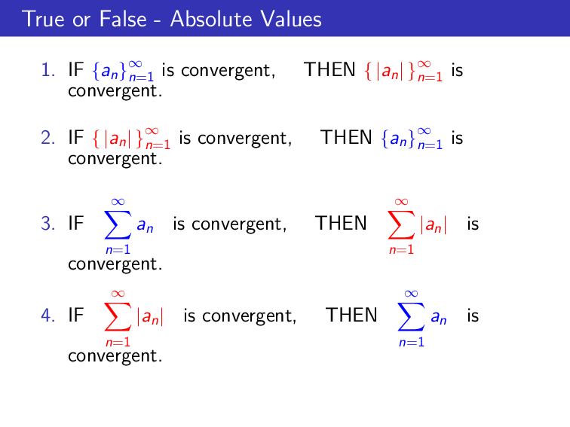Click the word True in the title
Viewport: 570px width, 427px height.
coord(42,19)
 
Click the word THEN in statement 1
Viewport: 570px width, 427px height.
coord(329,71)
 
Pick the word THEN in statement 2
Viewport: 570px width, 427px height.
coord(346,138)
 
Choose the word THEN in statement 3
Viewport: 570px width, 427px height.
coord(341,224)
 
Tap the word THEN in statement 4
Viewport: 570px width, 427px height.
coord(351,315)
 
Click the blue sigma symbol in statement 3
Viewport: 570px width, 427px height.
coord(117,224)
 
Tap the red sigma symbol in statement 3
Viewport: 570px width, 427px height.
coord(401,224)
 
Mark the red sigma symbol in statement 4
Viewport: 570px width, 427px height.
coord(117,316)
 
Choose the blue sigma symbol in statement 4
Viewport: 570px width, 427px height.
coord(411,316)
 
